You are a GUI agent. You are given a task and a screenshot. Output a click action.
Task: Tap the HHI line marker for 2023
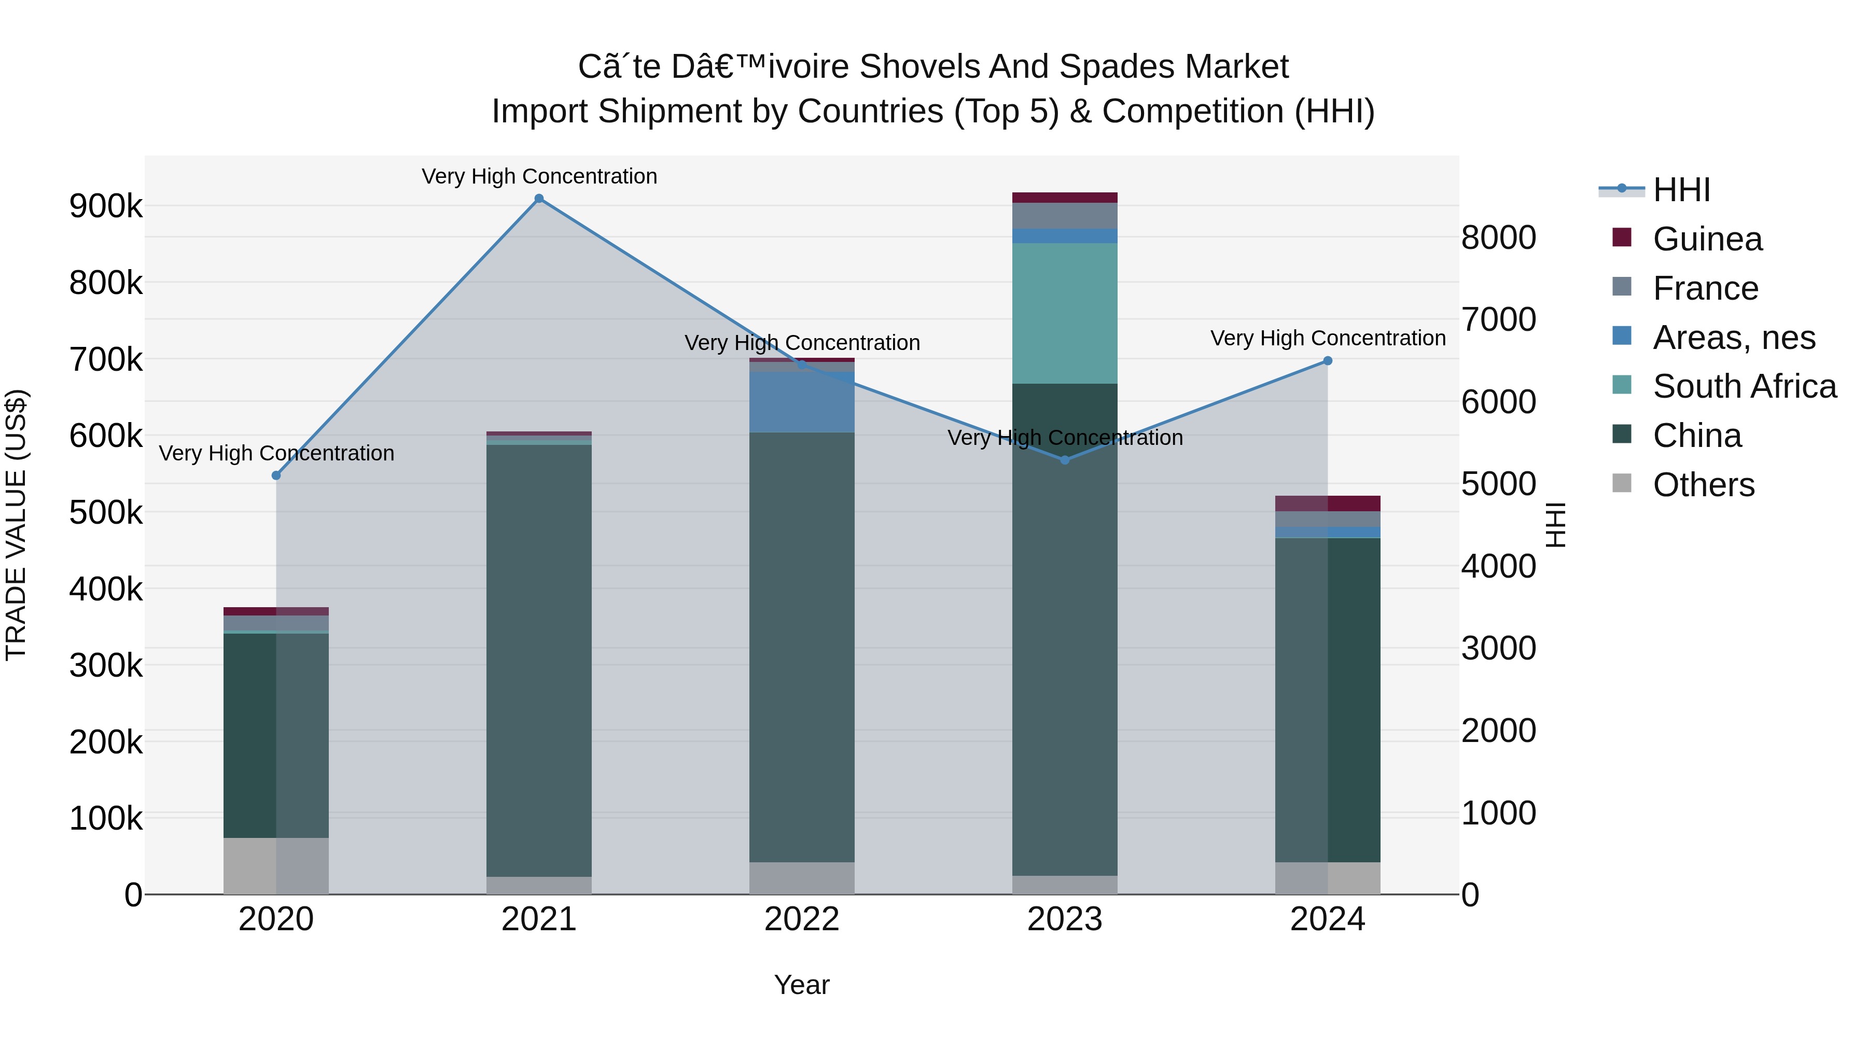click(1065, 460)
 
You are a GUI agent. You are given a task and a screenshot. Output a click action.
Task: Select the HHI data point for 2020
click(276, 475)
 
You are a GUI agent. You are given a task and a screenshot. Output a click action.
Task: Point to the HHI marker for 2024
click(1328, 361)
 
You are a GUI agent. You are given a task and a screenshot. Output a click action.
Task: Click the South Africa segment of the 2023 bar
click(1065, 313)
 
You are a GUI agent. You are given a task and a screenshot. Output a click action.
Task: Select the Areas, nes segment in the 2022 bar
click(802, 402)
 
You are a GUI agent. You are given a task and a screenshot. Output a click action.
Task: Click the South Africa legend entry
click(1744, 386)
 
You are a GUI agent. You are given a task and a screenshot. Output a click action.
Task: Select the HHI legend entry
click(1681, 190)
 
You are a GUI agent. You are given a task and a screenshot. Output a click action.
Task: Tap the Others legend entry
click(1703, 485)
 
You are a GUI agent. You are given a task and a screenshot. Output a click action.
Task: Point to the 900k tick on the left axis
click(106, 206)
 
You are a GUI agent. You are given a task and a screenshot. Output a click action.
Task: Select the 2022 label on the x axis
click(802, 919)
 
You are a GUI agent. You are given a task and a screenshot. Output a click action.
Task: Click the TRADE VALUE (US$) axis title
click(16, 525)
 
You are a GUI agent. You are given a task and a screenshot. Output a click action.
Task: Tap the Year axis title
click(802, 985)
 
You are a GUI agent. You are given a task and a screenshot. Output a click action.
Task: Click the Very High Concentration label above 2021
click(539, 176)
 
